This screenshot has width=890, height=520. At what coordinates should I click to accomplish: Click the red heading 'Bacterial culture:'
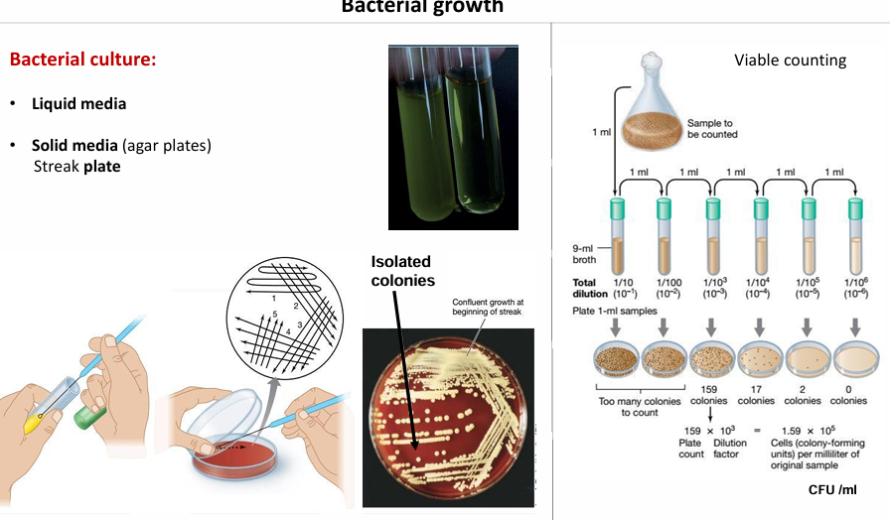(82, 60)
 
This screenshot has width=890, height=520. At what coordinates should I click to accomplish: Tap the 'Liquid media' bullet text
(78, 103)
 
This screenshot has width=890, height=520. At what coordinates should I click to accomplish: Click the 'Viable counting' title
(790, 60)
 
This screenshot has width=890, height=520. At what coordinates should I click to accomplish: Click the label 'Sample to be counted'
(710, 128)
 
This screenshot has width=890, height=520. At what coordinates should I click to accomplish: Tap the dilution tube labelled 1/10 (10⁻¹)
(617, 237)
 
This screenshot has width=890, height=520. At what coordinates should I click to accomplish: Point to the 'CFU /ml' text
(832, 490)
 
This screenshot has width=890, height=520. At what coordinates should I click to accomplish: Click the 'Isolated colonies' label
(401, 271)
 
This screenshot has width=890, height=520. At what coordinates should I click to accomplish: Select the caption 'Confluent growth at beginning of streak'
(488, 308)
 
